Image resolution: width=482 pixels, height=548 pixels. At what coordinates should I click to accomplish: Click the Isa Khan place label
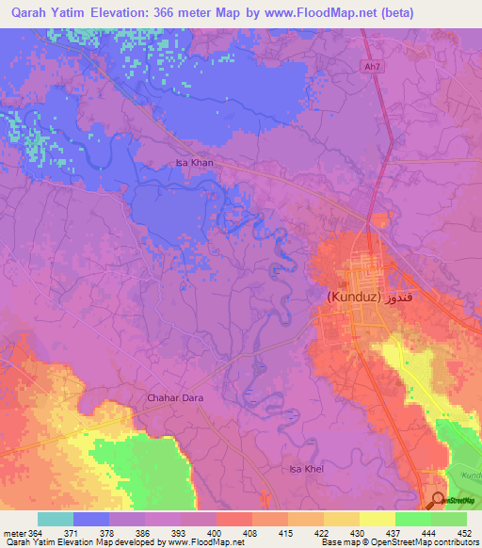[x=195, y=163]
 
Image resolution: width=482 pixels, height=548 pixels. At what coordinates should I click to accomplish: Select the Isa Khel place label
[x=306, y=468]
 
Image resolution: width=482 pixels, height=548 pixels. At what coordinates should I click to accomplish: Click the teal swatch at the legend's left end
[x=56, y=519]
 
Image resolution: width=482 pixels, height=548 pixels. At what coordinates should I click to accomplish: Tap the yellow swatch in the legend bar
[x=377, y=519]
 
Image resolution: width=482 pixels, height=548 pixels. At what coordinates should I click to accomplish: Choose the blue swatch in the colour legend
[x=91, y=519]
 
